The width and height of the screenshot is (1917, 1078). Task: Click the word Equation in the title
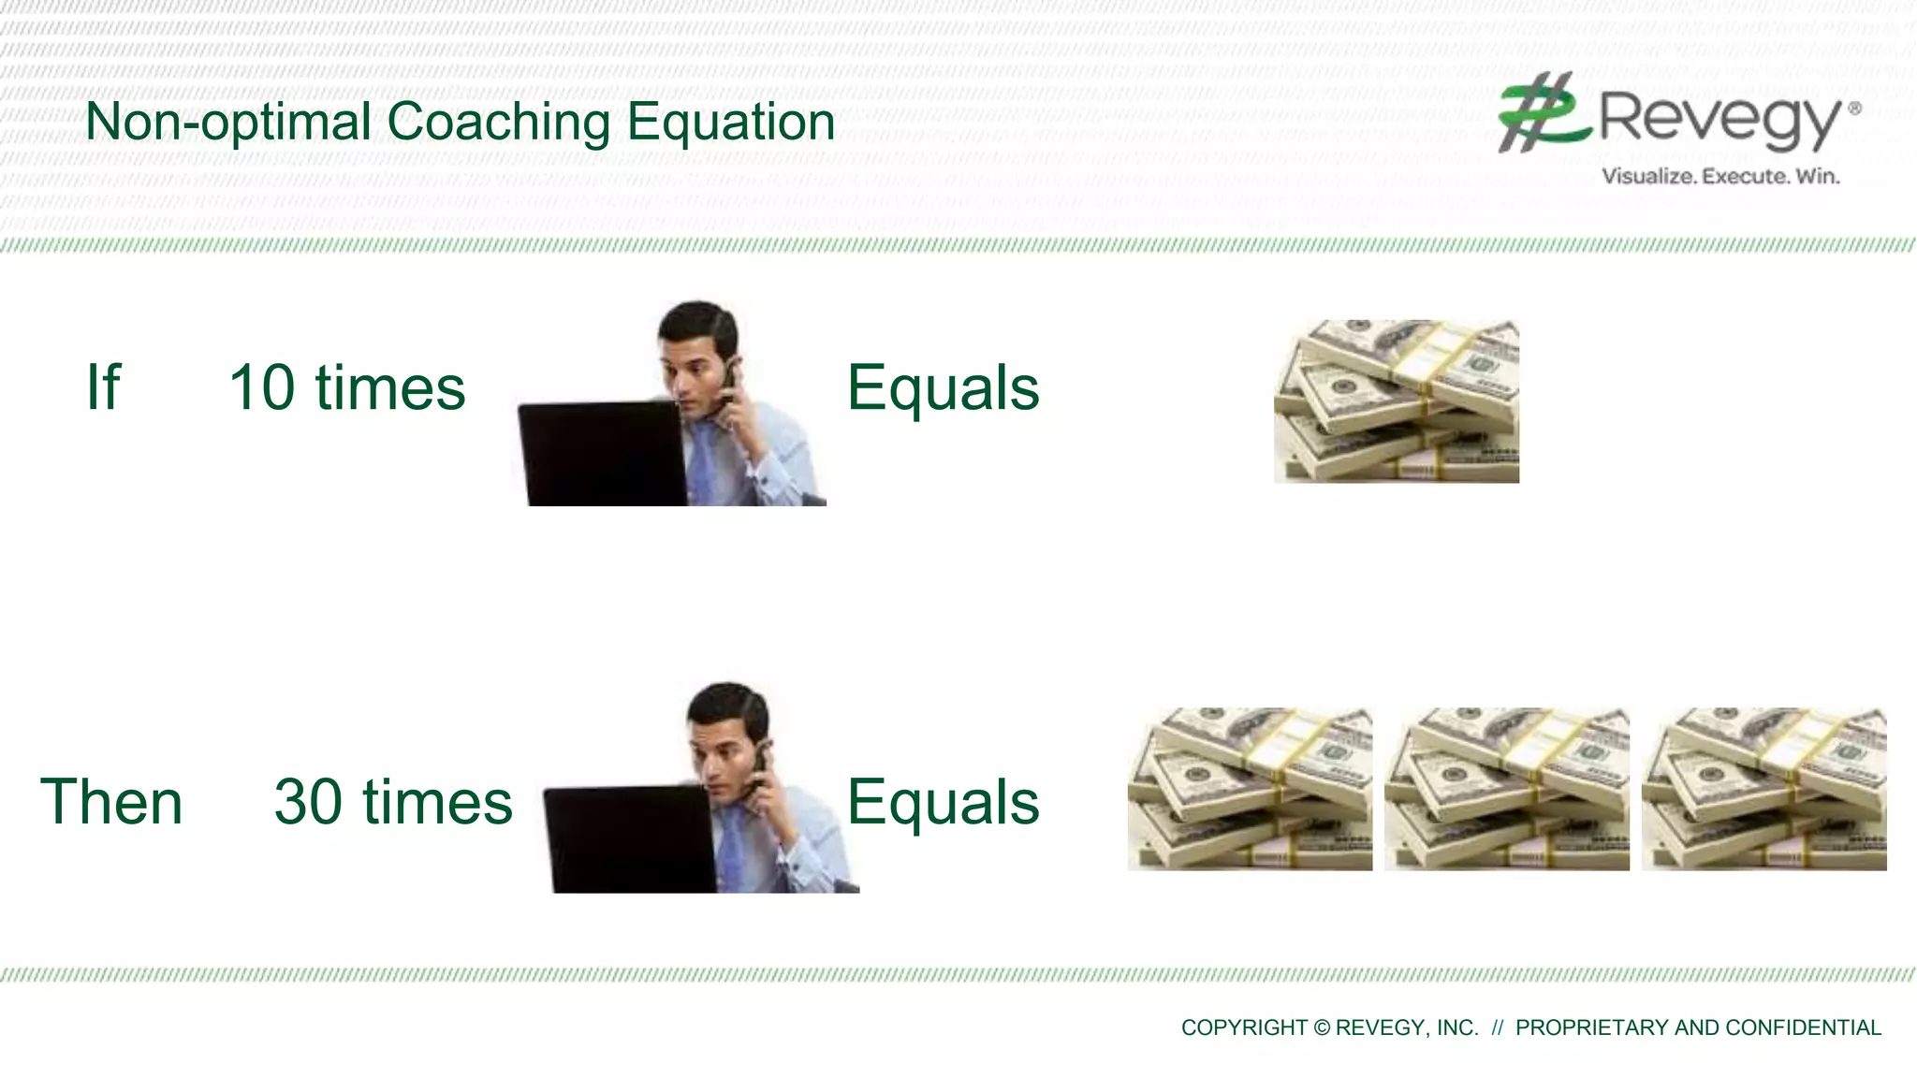730,123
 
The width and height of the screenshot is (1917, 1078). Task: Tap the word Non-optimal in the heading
228,123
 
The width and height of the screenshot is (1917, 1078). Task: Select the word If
103,387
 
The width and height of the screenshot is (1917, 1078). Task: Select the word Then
111,802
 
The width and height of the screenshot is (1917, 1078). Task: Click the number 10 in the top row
262,387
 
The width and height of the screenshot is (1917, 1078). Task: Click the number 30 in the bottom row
308,802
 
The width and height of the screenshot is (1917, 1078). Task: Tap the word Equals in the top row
943,387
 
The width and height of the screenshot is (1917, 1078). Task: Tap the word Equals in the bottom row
943,802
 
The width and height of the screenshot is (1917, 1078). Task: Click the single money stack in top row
1396,401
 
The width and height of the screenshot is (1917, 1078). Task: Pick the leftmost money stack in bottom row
1250,789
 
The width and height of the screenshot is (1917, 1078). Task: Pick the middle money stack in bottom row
1506,789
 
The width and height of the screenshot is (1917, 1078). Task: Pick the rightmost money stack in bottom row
1763,789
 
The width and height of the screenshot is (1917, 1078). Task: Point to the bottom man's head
726,725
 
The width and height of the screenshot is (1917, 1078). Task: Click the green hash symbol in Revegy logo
1540,112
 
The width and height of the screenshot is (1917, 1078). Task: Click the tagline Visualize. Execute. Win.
1719,176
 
